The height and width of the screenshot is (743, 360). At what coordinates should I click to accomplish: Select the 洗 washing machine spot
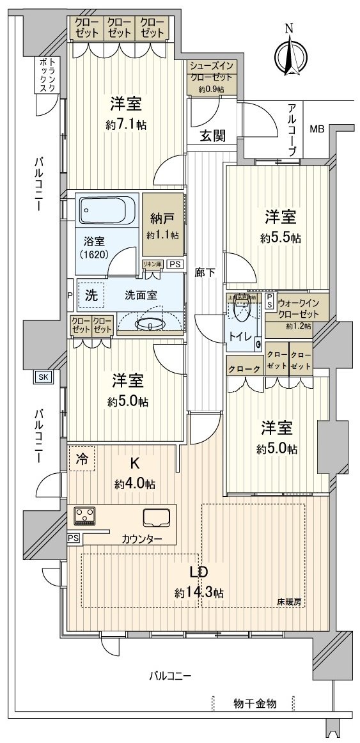pyautogui.click(x=91, y=296)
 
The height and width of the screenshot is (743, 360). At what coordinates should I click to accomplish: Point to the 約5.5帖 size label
pyautogui.click(x=281, y=239)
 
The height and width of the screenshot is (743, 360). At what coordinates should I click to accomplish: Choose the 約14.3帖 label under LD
pyautogui.click(x=199, y=593)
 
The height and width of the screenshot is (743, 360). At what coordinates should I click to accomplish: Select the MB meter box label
pyautogui.click(x=317, y=129)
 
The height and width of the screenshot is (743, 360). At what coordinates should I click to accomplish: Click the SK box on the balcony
pyautogui.click(x=43, y=377)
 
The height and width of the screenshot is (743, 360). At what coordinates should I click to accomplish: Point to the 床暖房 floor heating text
pyautogui.click(x=289, y=602)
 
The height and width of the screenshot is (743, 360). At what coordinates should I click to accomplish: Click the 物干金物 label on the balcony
pyautogui.click(x=254, y=703)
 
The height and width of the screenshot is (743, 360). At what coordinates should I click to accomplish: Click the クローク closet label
pyautogui.click(x=244, y=369)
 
